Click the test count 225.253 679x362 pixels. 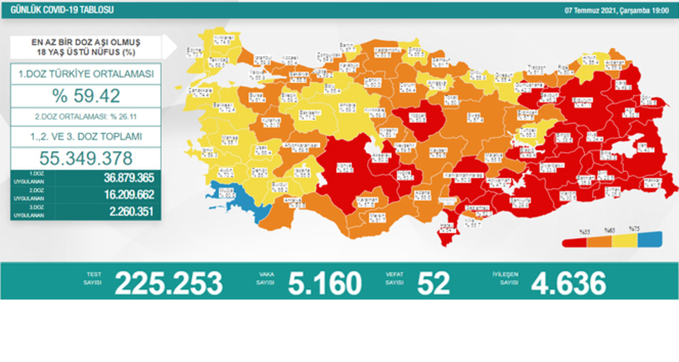pos(168,283)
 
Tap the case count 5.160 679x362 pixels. pos(325,283)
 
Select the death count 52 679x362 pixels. pos(434,283)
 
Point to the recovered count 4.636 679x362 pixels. pos(569,283)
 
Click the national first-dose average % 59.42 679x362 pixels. pos(86,96)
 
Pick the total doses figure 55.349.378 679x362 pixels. pos(86,158)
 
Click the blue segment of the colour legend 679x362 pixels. pos(650,239)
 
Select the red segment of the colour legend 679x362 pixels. pos(574,242)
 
